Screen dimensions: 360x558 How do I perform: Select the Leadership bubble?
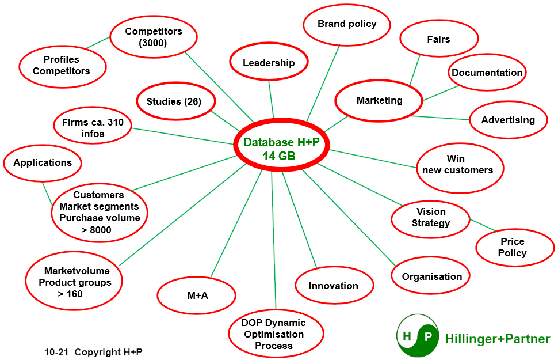pos(269,63)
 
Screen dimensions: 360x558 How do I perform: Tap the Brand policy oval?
pos(347,24)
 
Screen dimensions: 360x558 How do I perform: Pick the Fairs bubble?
pos(439,39)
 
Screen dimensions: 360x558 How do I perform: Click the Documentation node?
pos(487,73)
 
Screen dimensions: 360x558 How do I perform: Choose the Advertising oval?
pos(508,120)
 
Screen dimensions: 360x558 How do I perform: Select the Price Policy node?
pos(513,247)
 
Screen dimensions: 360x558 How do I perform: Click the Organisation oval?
pos(431,276)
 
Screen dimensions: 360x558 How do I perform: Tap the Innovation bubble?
pos(334,286)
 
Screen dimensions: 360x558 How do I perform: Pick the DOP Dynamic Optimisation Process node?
pos(274,334)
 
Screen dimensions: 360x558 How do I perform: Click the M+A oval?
pos(197,295)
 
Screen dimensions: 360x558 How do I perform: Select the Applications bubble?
pos(43,162)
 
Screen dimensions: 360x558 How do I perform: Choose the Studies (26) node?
pos(174,102)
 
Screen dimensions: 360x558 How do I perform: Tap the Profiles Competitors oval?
pos(62,65)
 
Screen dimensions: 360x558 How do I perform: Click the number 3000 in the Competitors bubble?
pos(153,43)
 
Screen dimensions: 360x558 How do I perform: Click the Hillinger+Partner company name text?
pos(497,339)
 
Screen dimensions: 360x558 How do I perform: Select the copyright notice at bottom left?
pos(93,352)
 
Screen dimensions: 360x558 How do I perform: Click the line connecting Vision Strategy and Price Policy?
pos(483,225)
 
